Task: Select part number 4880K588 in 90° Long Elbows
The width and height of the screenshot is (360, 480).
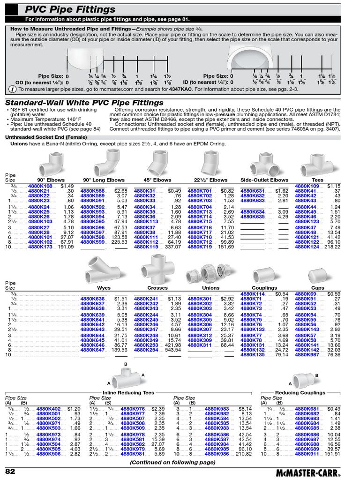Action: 92,191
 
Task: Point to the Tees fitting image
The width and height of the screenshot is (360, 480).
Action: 317,163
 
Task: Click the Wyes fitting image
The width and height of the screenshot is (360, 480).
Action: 103,270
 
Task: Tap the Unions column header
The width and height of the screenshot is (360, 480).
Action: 210,288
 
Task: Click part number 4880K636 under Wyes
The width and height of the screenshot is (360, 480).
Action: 92,299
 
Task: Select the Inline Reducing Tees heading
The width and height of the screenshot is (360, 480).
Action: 128,392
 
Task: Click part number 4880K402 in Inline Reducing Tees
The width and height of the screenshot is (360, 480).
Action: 48,409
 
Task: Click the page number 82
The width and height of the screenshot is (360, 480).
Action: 11,470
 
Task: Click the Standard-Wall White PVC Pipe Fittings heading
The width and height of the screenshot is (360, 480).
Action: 84,103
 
